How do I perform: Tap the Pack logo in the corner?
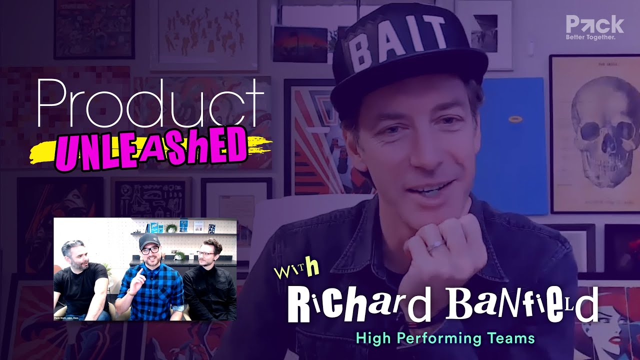(x=594, y=24)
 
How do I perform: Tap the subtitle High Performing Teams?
(x=445, y=338)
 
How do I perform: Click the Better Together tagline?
(x=590, y=37)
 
